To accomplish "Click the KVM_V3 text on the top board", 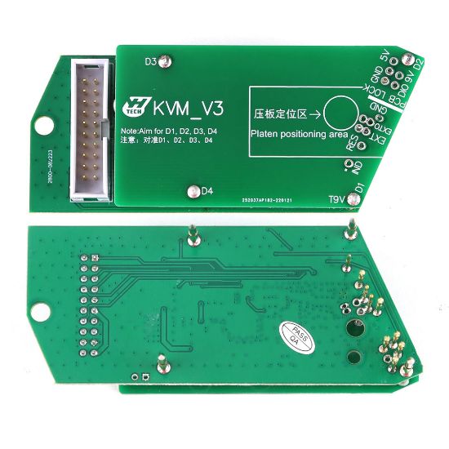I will click(x=185, y=106).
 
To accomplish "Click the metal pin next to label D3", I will click(x=165, y=61).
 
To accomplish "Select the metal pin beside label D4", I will click(x=193, y=192).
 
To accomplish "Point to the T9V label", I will click(x=336, y=198).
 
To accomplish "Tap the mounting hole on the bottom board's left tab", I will click(x=38, y=310).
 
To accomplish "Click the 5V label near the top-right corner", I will click(x=385, y=58).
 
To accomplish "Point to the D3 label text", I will click(x=150, y=61).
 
